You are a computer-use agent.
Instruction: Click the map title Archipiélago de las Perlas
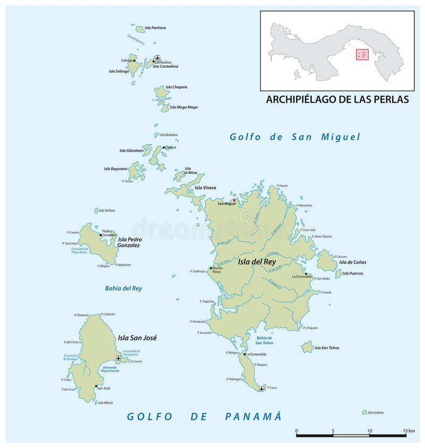[x=337, y=99]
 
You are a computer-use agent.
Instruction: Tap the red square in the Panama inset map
[x=362, y=55]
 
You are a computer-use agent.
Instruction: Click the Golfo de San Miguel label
[x=295, y=137]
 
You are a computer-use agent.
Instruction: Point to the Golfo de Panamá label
[x=203, y=416]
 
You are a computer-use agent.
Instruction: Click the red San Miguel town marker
[x=234, y=200]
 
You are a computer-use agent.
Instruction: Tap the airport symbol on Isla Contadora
[x=157, y=57]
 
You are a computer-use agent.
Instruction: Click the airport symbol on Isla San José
[x=118, y=358]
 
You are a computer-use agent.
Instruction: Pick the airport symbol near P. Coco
[x=261, y=388]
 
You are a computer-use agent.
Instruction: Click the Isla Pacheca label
[x=155, y=28]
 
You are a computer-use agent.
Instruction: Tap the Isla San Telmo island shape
[x=307, y=347]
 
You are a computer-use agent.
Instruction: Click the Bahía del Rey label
[x=123, y=289]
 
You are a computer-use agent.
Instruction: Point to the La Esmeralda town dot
[x=244, y=354]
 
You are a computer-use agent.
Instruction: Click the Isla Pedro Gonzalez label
[x=129, y=242]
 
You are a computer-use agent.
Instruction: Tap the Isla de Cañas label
[x=352, y=262]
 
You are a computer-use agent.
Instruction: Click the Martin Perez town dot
[x=211, y=268]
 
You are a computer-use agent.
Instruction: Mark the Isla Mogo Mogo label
[x=184, y=107]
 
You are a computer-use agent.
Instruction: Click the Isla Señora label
[x=106, y=210]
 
